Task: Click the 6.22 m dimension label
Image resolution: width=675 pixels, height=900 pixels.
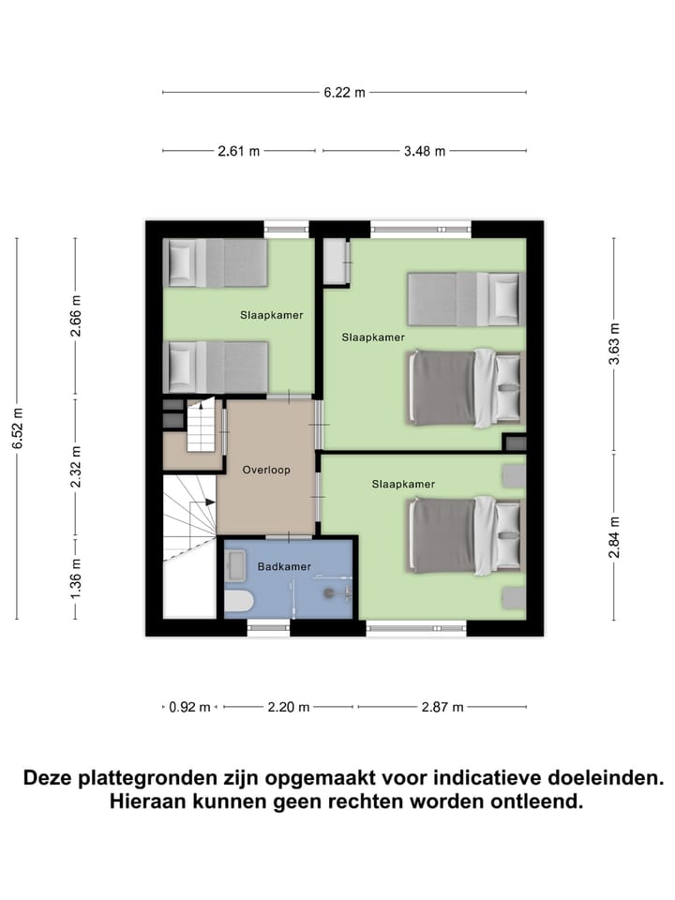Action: pos(344,92)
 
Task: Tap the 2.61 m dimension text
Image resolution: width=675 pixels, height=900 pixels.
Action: pos(239,151)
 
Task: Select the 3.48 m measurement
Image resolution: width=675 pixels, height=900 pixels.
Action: pos(424,151)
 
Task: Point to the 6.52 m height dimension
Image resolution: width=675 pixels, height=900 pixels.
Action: pos(17,428)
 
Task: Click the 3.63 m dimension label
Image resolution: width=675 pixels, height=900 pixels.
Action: pos(614,343)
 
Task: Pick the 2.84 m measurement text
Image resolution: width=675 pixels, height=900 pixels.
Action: pos(614,537)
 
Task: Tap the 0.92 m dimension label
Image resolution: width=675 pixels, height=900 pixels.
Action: pos(189,708)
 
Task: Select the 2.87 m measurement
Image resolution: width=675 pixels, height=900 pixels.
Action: pos(443,708)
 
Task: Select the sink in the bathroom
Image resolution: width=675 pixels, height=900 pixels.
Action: pos(234,563)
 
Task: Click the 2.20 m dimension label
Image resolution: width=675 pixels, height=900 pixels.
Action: pos(290,708)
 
